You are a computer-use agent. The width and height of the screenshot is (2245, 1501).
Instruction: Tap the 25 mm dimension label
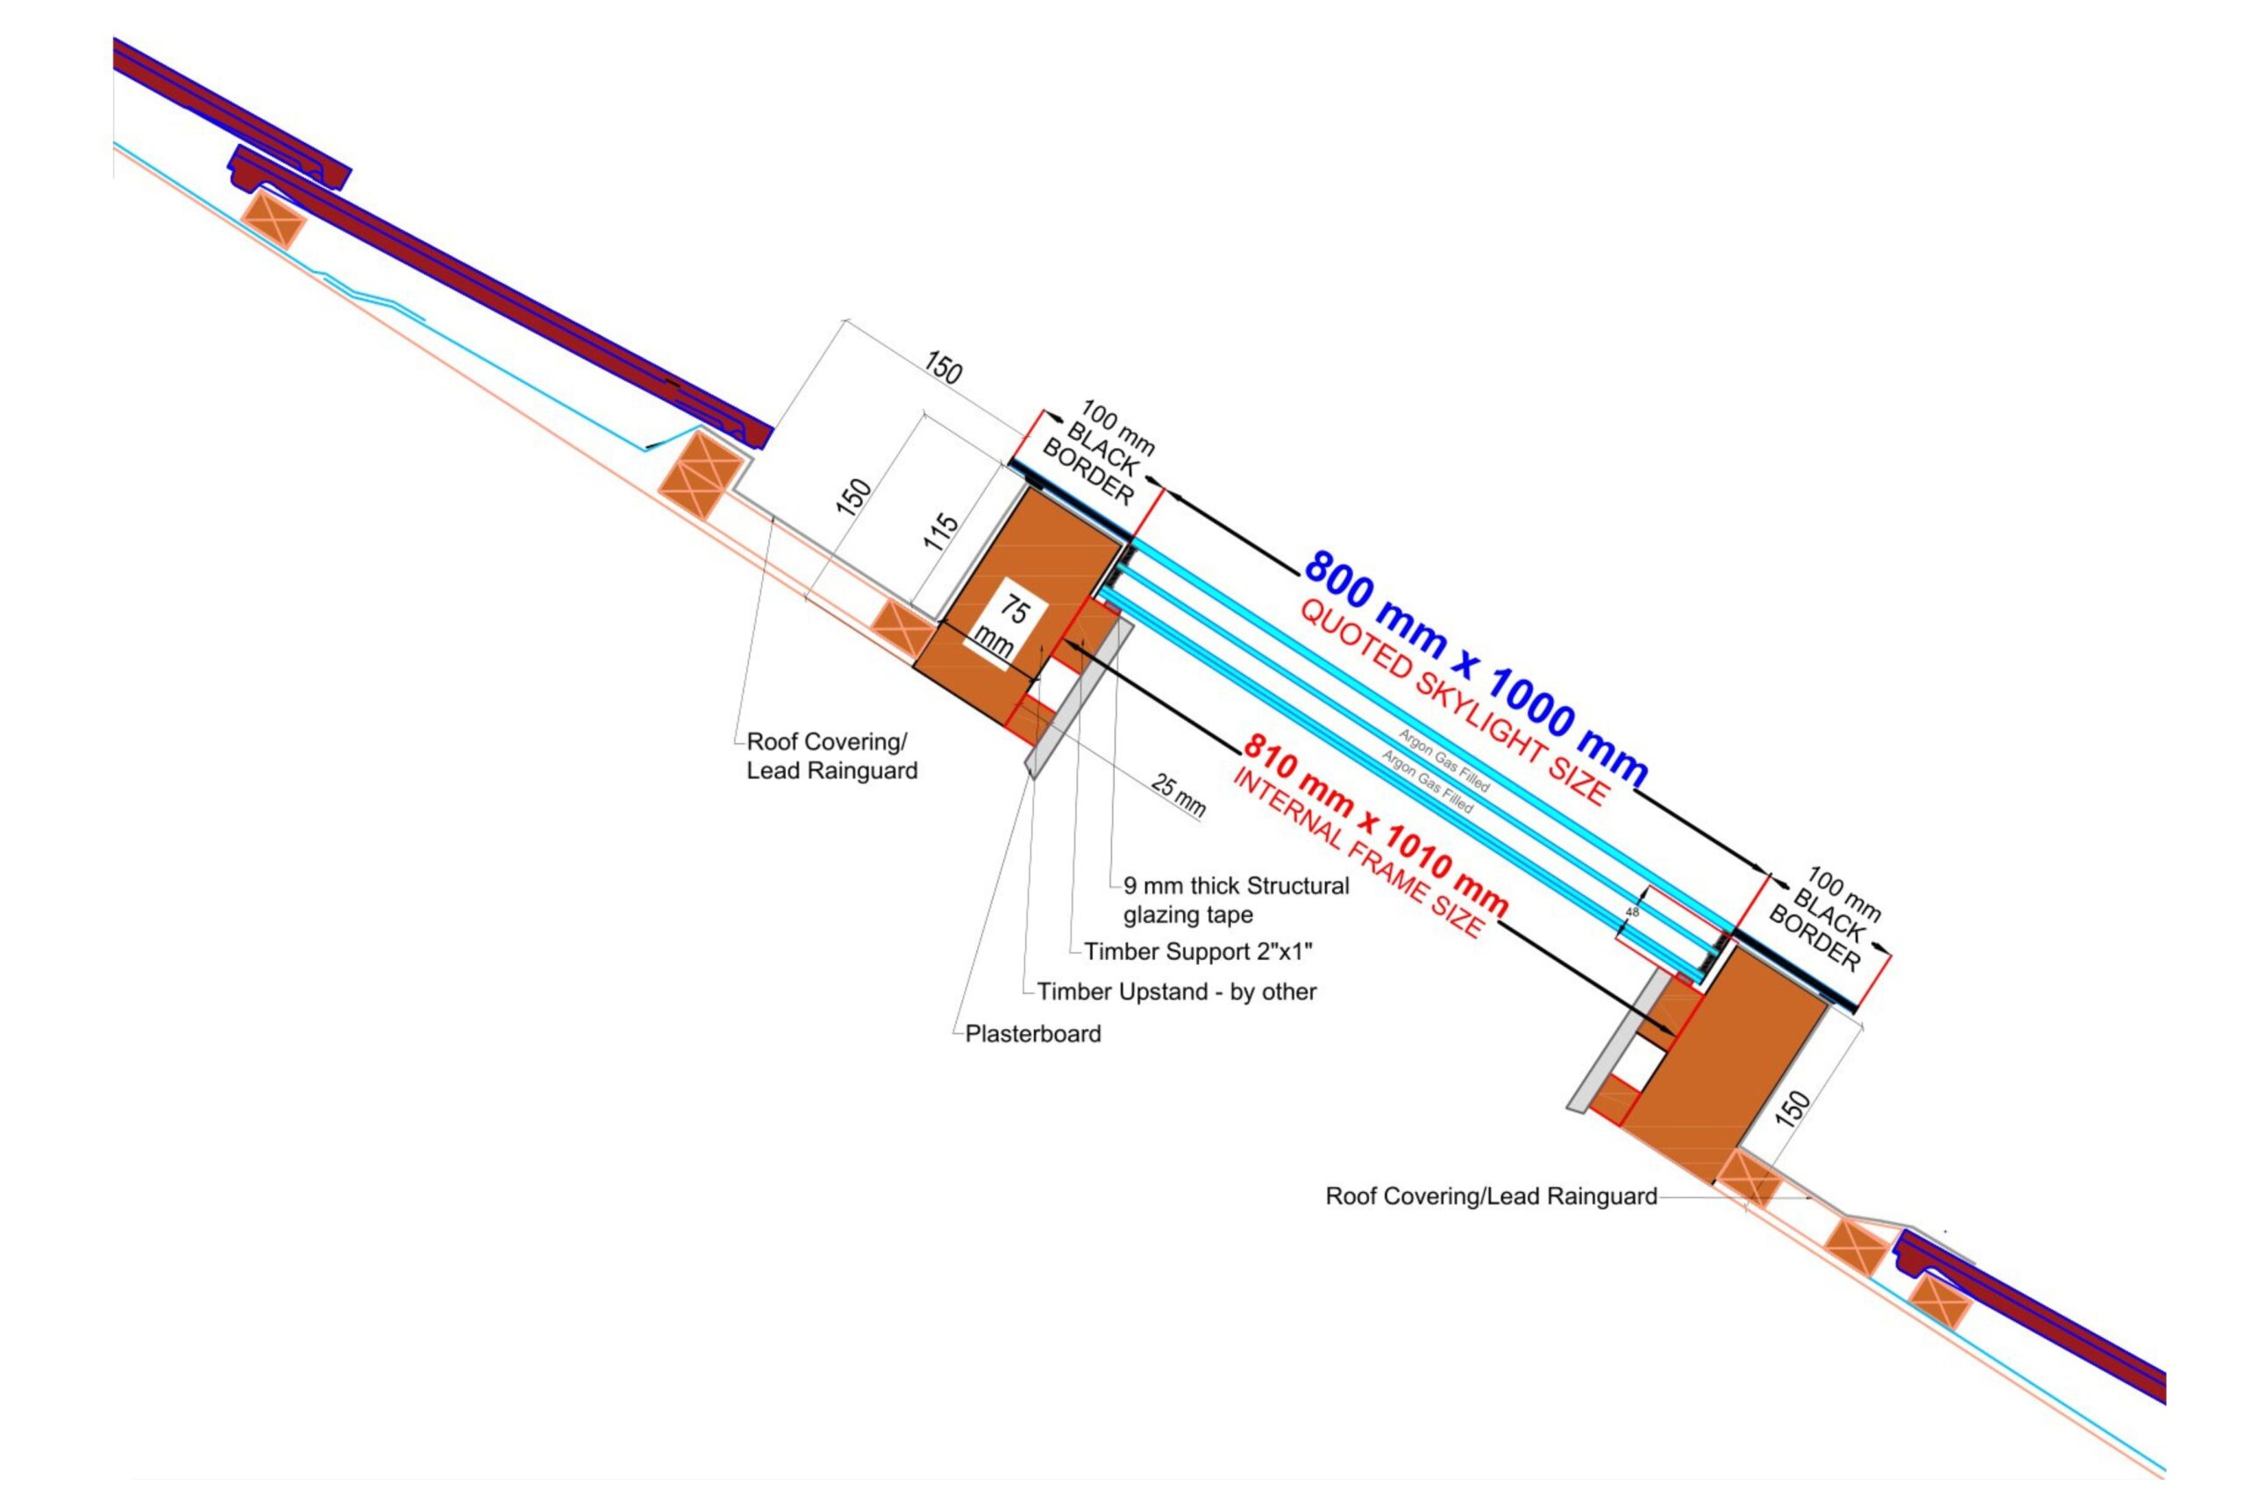pyautogui.click(x=1178, y=796)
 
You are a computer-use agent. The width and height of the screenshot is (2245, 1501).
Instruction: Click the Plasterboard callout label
pyautogui.click(x=1032, y=1033)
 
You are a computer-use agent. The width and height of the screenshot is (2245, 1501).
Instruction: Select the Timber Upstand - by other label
pyautogui.click(x=1176, y=991)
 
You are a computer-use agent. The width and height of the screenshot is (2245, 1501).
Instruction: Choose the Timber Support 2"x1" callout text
pyautogui.click(x=1197, y=952)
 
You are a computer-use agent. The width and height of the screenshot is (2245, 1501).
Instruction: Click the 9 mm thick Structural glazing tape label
pyautogui.click(x=1236, y=900)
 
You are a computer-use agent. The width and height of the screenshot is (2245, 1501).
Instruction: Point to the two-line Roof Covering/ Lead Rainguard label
pyautogui.click(x=830, y=756)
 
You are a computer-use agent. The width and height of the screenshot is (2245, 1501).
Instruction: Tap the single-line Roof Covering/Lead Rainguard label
pyautogui.click(x=1490, y=1196)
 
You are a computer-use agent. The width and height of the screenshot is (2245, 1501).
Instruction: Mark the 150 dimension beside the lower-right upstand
pyautogui.click(x=1796, y=1106)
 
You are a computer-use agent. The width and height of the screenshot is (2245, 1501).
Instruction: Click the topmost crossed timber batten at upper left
pyautogui.click(x=273, y=221)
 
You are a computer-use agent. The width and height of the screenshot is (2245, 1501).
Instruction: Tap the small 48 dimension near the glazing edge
pyautogui.click(x=1633, y=912)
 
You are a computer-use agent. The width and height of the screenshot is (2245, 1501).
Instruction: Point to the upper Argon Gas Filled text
pyautogui.click(x=1444, y=761)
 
